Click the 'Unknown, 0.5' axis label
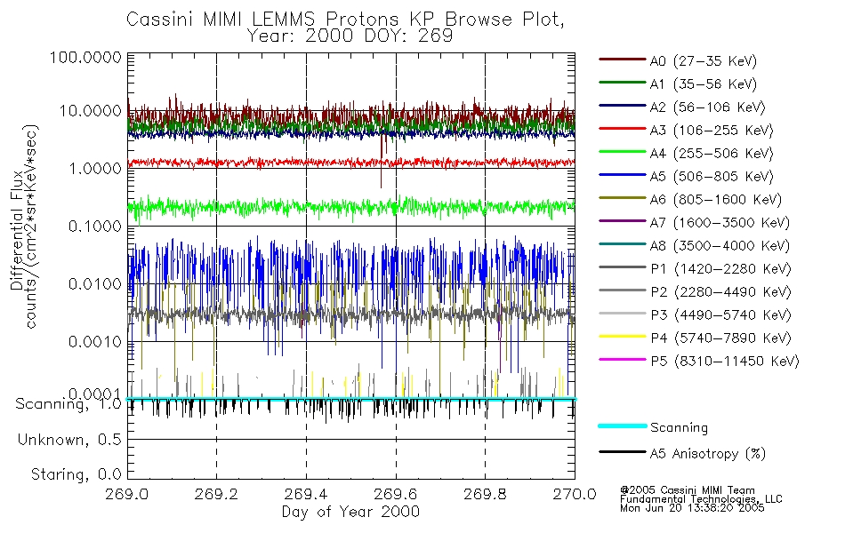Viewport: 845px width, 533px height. [68, 440]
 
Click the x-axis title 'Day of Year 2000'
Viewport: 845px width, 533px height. [350, 513]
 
